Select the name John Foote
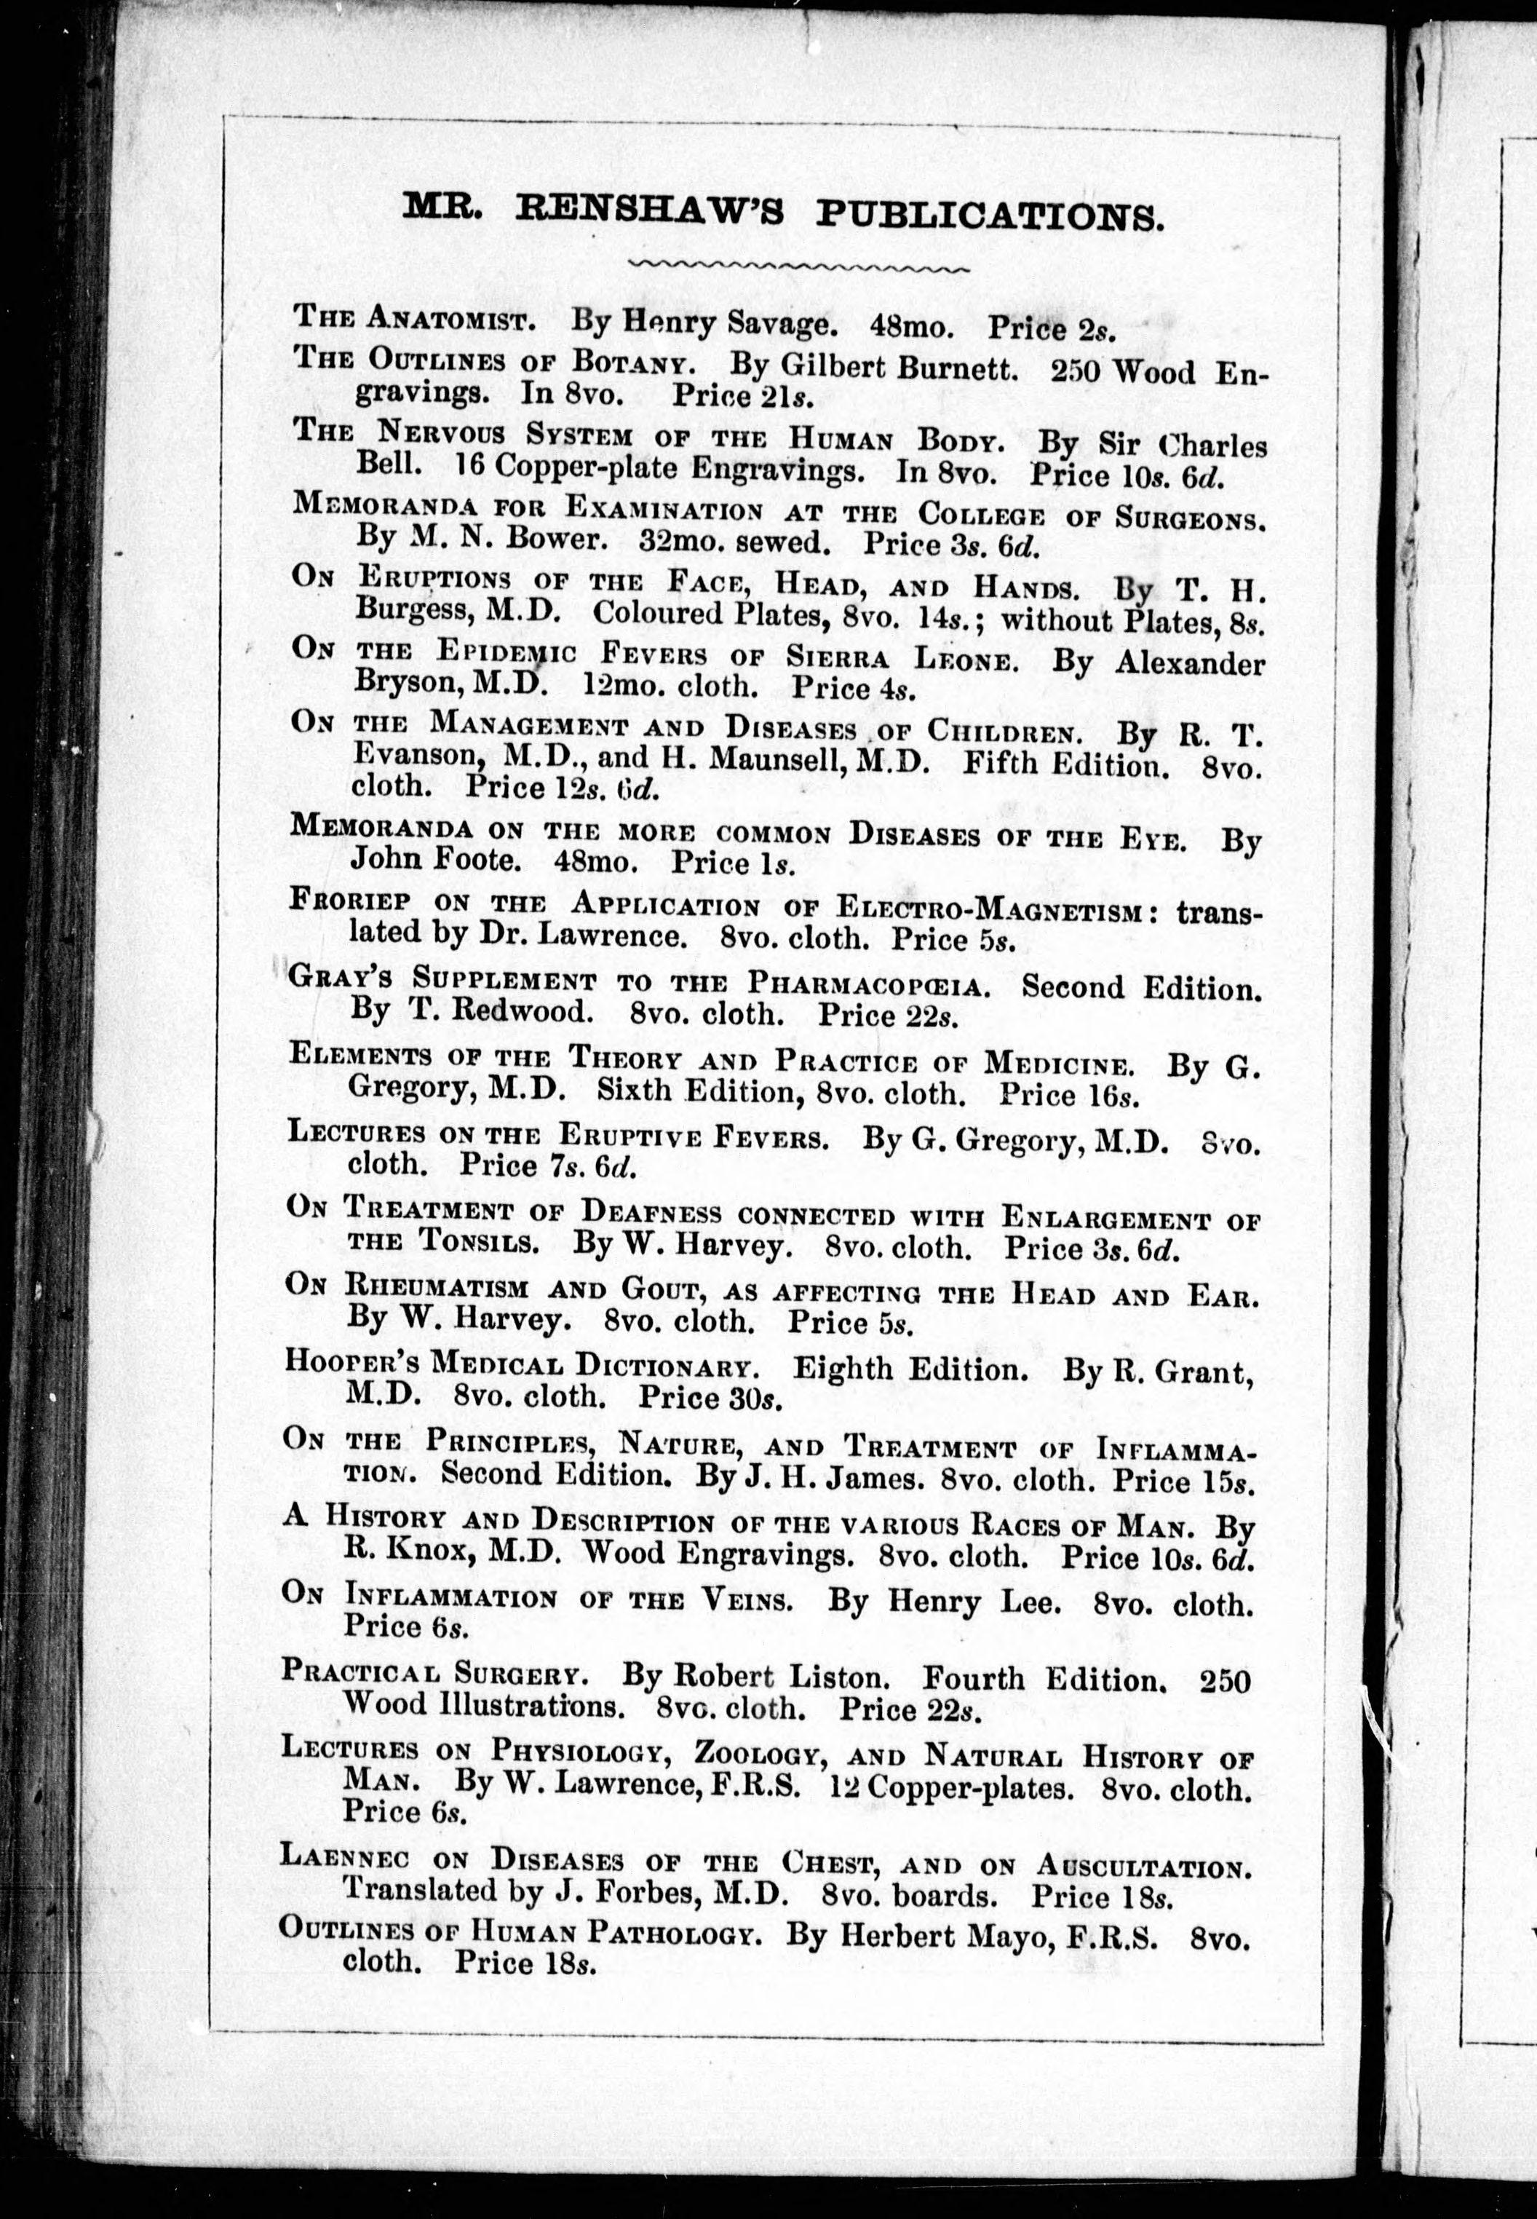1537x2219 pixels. [432, 859]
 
